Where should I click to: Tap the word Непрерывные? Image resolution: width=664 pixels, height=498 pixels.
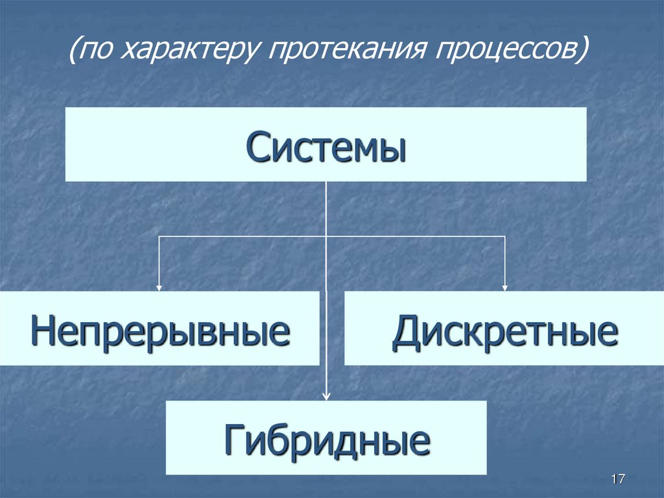pos(160,331)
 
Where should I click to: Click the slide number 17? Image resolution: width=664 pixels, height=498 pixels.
pos(617,479)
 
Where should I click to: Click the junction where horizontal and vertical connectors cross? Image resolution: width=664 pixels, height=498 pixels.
pos(326,236)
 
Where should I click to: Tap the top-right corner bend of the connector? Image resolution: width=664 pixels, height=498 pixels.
pos(505,236)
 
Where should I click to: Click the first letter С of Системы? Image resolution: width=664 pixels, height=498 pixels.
pos(257,147)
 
